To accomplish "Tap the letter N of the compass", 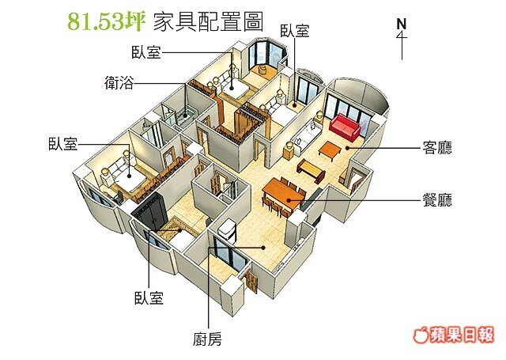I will [402, 23].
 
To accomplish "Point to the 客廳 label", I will [438, 146].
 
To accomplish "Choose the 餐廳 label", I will [438, 200].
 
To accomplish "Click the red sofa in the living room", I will [345, 126].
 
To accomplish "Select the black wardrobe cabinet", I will [150, 211].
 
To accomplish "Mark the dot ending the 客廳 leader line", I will [345, 147].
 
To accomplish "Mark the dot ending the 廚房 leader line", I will [262, 247].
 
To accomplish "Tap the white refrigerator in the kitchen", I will [228, 229].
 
